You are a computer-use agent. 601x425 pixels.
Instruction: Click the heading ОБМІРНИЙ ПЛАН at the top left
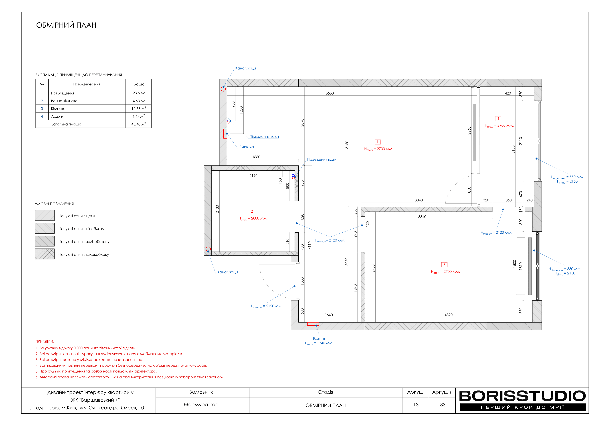click(66, 25)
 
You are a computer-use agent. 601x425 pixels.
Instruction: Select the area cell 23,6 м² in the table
click(139, 93)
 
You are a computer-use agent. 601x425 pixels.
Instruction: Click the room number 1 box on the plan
click(377, 142)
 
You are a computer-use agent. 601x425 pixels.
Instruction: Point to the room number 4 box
click(498, 119)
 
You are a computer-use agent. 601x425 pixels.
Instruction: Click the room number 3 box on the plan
click(444, 265)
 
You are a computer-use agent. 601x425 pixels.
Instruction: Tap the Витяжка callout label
click(247, 147)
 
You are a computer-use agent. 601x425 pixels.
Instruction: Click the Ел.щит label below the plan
click(319, 339)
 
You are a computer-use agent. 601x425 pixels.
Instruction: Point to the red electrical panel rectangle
click(313, 324)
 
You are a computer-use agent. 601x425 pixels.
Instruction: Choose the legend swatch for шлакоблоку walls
click(45, 254)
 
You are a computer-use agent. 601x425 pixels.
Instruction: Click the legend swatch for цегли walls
click(45, 215)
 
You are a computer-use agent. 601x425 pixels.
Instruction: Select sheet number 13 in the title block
click(416, 405)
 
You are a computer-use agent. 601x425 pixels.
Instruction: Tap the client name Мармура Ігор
click(201, 405)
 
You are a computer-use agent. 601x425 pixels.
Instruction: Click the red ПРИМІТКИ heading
click(45, 341)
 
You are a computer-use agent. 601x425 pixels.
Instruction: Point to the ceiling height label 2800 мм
click(253, 218)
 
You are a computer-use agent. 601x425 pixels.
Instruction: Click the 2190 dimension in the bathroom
click(253, 176)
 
